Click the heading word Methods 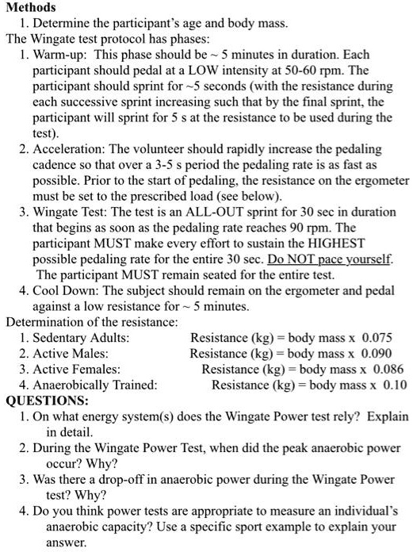coord(30,7)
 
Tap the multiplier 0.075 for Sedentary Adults coord(377,338)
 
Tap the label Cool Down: coord(66,291)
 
